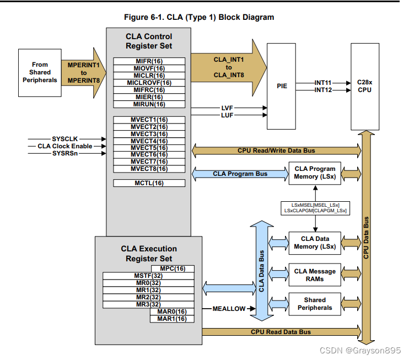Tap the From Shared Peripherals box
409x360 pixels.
click(40, 72)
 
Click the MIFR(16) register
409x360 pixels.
click(149, 61)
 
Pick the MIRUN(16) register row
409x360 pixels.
click(149, 104)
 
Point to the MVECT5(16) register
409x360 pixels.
click(149, 148)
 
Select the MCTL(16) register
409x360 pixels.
click(149, 183)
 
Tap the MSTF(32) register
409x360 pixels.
click(148, 276)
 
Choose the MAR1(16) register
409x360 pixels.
click(171, 319)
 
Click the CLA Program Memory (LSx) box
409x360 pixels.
click(315, 173)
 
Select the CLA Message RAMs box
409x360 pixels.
click(315, 275)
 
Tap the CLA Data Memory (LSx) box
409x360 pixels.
click(315, 243)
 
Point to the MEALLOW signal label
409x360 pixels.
click(229, 309)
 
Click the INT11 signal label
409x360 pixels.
click(323, 83)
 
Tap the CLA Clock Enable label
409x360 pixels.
click(64, 146)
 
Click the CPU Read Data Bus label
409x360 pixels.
click(281, 332)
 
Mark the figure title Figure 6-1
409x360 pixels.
click(199, 17)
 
